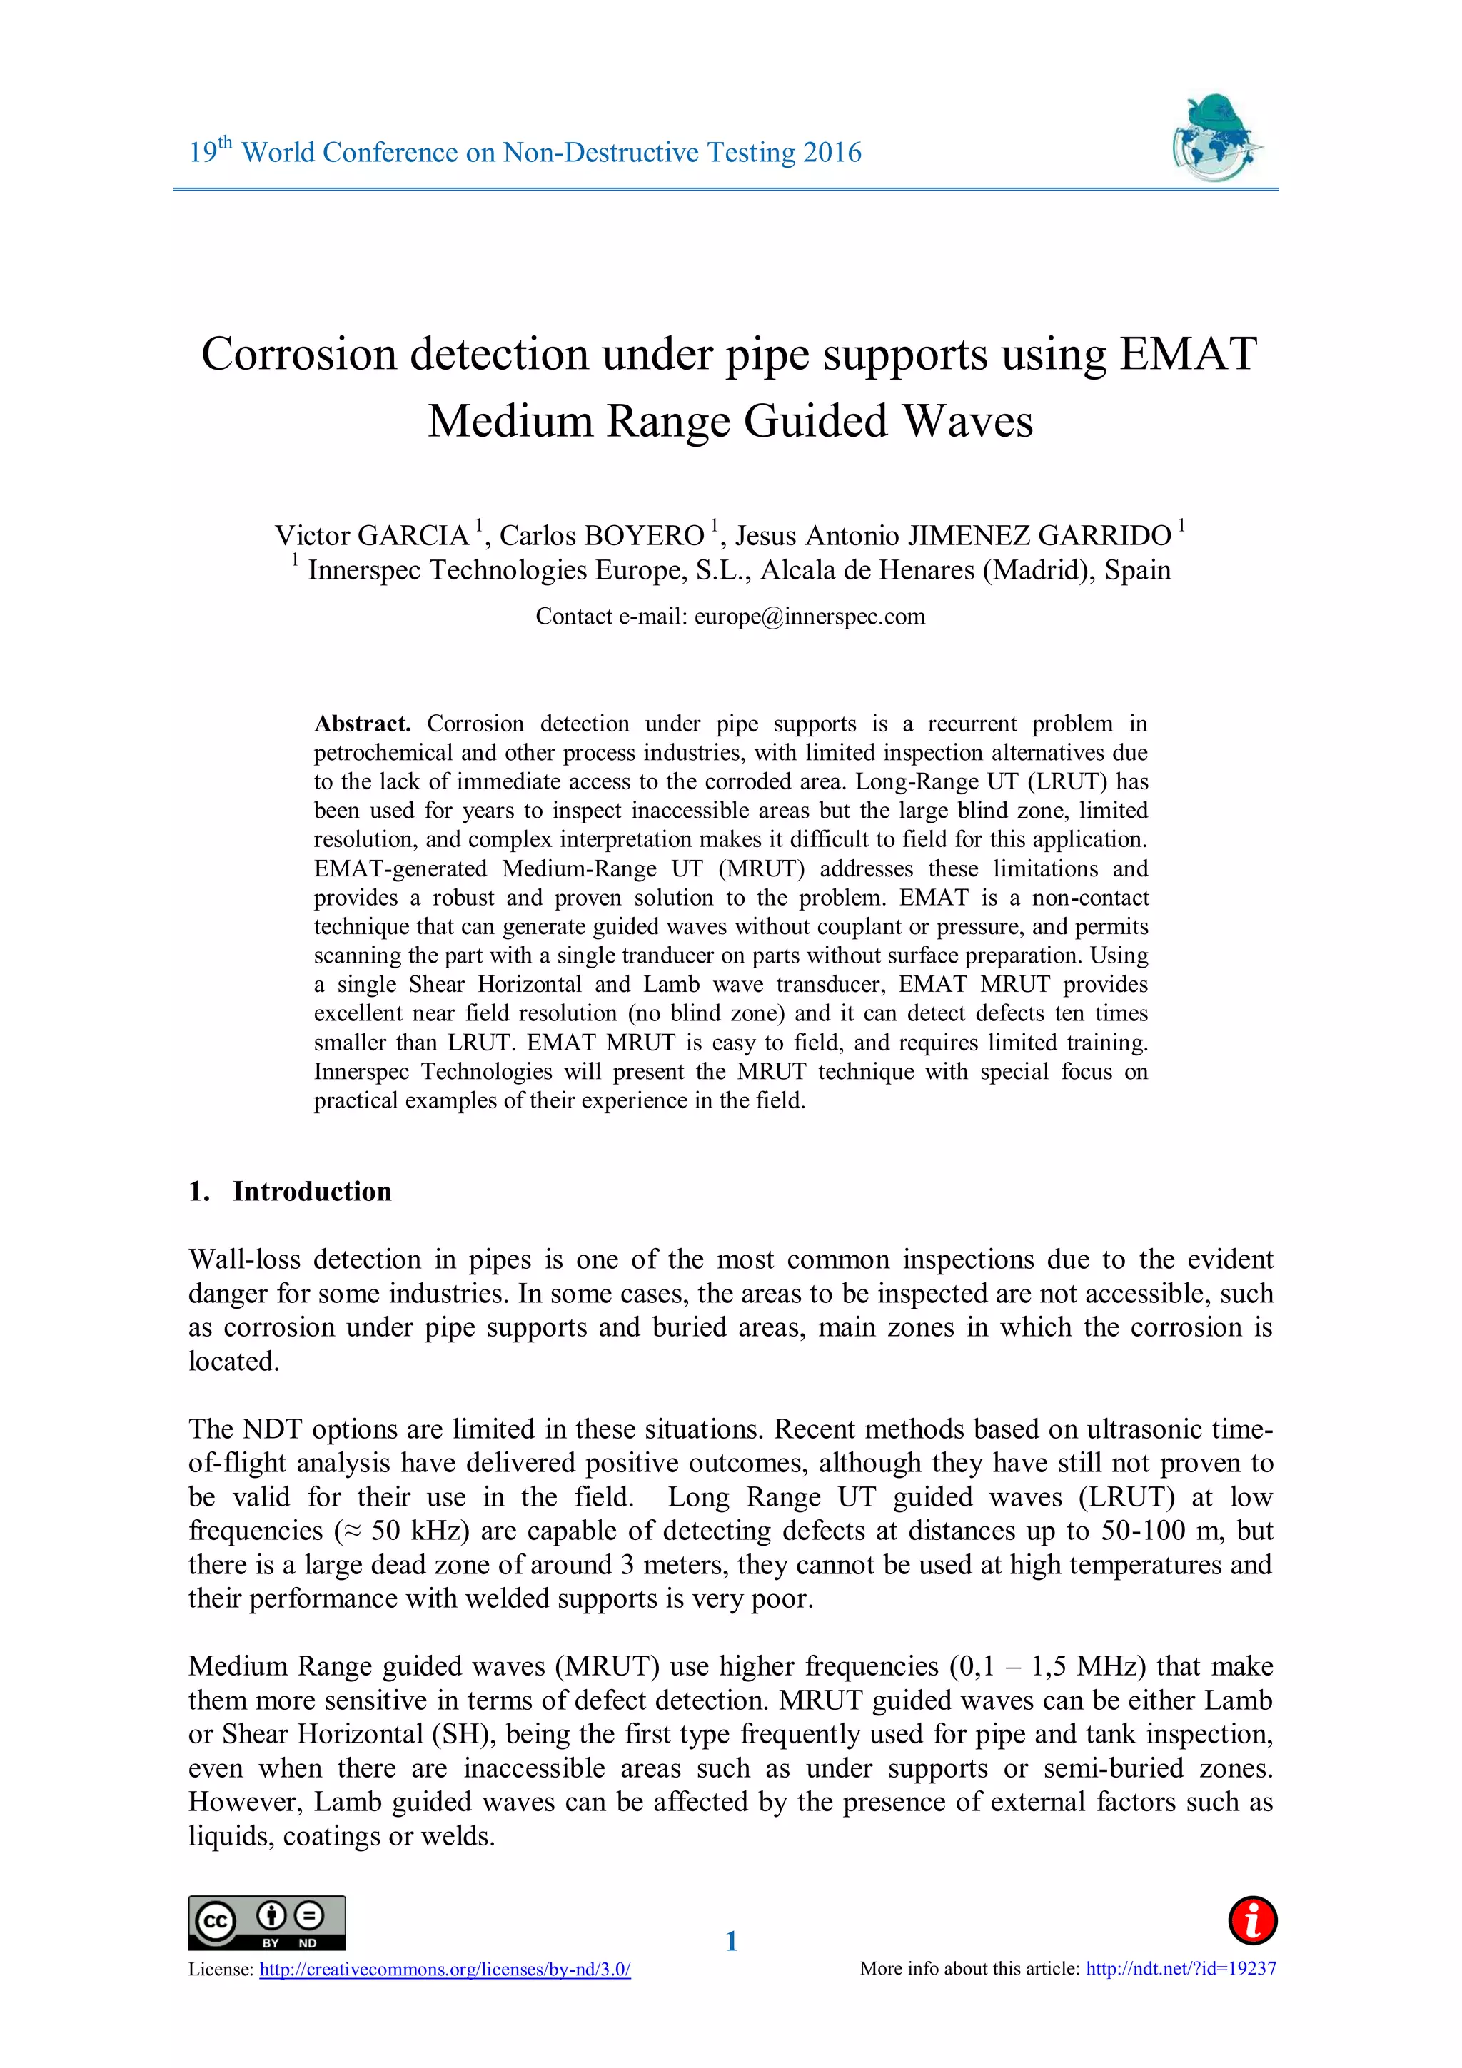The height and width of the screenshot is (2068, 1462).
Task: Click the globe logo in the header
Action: [1216, 138]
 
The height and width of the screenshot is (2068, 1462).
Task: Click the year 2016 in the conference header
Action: [832, 152]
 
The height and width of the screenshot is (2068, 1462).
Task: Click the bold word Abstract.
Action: [361, 724]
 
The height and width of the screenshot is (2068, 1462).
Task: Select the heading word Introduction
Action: [312, 1191]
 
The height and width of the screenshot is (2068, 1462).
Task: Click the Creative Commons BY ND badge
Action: [267, 1923]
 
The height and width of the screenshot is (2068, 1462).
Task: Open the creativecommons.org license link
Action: [445, 1969]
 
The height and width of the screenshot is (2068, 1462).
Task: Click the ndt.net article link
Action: [1180, 1968]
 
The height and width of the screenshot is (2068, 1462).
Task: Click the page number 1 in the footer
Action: [730, 1941]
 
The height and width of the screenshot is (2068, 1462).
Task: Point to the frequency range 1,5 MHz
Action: [1088, 1666]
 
